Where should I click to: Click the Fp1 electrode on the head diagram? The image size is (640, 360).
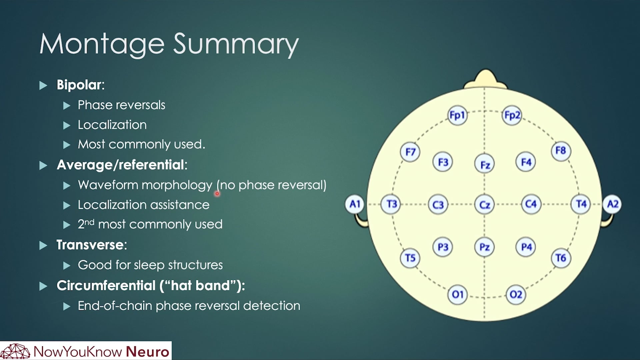(x=457, y=115)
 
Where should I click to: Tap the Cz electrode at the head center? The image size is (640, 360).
(x=484, y=204)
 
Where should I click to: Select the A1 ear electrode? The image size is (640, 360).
(x=355, y=204)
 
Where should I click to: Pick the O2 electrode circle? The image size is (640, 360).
(x=516, y=294)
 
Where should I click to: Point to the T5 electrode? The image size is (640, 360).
(x=410, y=258)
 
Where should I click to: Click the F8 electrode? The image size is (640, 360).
(x=561, y=151)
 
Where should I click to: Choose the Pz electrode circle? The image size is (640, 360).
(x=484, y=247)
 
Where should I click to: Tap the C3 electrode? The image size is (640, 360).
(x=438, y=204)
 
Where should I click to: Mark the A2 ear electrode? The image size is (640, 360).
(x=613, y=204)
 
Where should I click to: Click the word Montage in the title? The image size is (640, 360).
(x=102, y=44)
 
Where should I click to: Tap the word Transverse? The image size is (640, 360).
(x=90, y=245)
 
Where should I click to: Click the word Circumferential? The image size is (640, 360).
(x=106, y=286)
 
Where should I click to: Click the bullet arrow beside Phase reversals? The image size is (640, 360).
(x=67, y=106)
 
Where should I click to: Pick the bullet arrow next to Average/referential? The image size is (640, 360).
(x=43, y=165)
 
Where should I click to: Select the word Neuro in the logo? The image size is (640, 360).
(x=148, y=352)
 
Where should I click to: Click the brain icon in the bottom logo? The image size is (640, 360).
(x=15, y=351)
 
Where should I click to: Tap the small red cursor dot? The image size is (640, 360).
(x=217, y=194)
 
